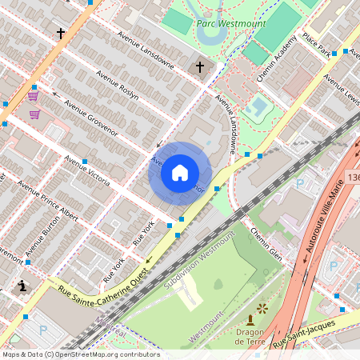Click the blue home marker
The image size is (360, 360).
coord(180,173)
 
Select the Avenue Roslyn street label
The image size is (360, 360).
coord(117,84)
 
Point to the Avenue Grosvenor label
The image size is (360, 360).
coord(91,117)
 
